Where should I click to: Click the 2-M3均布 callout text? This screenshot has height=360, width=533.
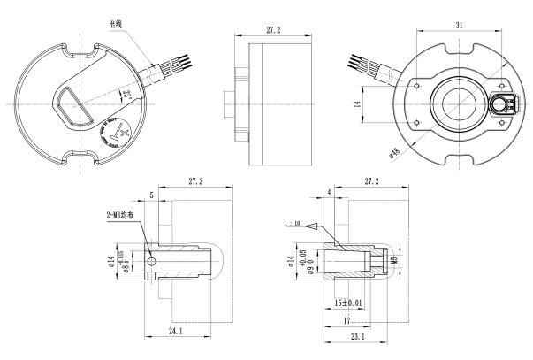coord(120,215)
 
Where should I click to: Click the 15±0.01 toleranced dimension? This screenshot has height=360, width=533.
coord(352,303)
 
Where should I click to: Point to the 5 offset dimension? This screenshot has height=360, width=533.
coord(152,194)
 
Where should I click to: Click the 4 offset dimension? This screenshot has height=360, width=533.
coord(329,191)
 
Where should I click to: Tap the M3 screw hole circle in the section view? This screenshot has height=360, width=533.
coord(153,262)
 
